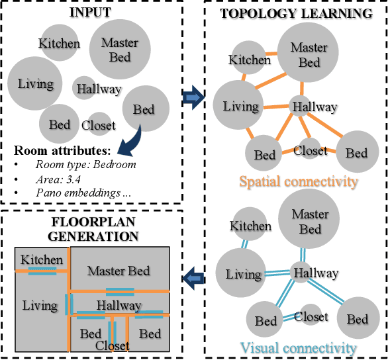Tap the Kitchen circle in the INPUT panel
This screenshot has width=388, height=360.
coord(59,44)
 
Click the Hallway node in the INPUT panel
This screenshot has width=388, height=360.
coord(99,89)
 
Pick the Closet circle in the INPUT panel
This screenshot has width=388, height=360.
coord(98,124)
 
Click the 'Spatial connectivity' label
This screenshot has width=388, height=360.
coord(298,181)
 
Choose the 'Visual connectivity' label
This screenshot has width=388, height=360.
coord(298,347)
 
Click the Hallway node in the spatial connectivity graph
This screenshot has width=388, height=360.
coord(314,107)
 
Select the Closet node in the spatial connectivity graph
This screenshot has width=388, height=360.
coord(310,150)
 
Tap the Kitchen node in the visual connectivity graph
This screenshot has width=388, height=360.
coord(250,226)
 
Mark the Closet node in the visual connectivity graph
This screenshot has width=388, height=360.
coord(311,316)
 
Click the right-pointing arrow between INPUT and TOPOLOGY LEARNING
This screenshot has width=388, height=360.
coord(192,98)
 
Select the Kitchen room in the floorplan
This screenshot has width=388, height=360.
coord(41,260)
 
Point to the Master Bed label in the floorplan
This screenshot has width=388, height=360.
coord(119,271)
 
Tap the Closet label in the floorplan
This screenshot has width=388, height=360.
coord(113,345)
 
